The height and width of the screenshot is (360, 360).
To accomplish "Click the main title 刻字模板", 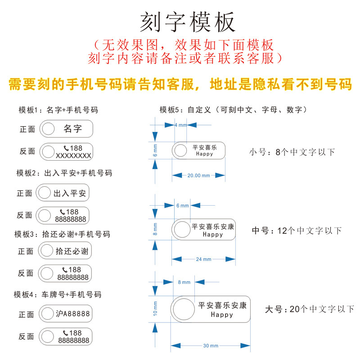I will point(188,22).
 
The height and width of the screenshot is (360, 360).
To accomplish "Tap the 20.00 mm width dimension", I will point(198,175).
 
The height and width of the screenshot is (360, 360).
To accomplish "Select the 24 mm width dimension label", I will point(203,259).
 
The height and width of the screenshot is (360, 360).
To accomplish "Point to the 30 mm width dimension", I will point(211,346).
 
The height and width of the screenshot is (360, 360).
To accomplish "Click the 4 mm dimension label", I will point(180,125).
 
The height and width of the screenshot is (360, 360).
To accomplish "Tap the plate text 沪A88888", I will point(73,314).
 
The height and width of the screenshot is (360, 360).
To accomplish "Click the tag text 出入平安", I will point(70,193).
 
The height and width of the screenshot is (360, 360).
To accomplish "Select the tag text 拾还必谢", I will point(72,251).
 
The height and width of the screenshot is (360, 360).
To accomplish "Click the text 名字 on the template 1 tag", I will point(72,129).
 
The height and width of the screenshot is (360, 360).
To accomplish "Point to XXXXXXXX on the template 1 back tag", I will point(73,156).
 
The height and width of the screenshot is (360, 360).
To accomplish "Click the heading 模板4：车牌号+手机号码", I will point(58,295).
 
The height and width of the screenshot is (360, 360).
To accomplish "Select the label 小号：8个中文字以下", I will point(292,152).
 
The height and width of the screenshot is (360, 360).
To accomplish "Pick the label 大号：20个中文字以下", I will point(310,309).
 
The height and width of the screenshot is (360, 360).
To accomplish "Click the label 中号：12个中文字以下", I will point(297,231).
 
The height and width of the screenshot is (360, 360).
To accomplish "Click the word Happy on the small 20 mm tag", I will point(204,154).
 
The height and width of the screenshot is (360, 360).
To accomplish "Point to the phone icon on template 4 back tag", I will point(66,333).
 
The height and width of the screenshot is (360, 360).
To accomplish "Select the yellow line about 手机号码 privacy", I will point(180,84).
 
